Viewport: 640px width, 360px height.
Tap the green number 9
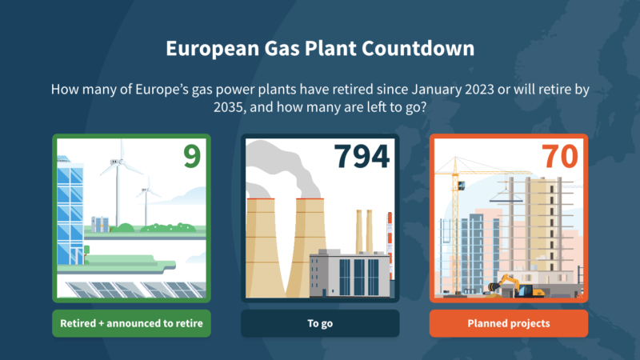192,156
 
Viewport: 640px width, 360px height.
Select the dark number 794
362,156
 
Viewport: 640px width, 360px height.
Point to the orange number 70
559,156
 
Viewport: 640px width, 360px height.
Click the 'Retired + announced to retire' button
131,323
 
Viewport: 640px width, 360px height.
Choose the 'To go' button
320,323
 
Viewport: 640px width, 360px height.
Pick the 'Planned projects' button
509,323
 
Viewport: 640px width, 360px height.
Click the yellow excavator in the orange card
517,286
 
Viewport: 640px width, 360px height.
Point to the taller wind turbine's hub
116,162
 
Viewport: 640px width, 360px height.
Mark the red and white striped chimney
390,246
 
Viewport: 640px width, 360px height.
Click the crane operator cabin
461,186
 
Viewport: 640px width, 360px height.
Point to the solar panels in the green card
135,290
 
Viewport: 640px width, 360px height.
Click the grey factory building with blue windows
350,273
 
